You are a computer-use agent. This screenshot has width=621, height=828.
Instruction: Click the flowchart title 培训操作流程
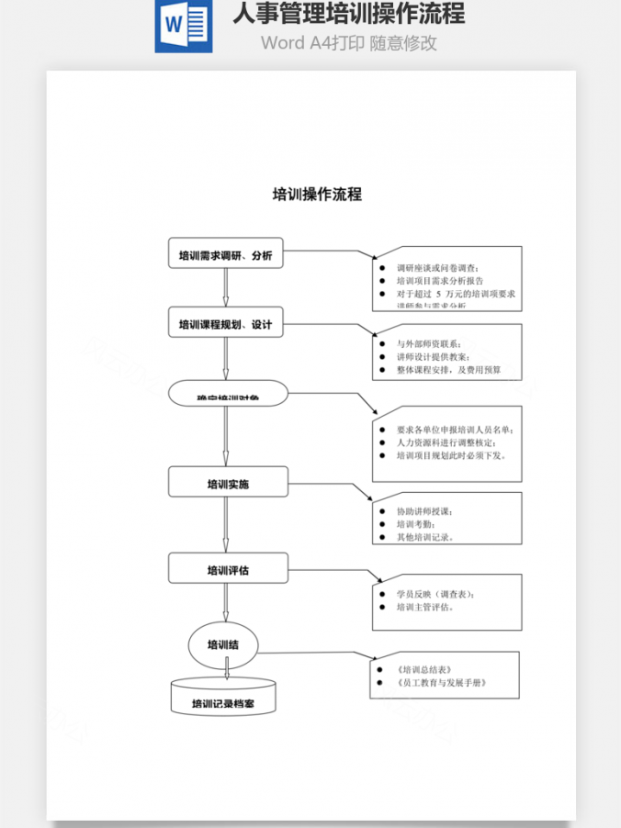pos(317,195)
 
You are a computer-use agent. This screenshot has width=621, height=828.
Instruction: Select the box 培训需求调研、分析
pos(225,255)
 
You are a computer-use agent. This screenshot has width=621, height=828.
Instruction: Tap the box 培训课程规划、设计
pos(225,323)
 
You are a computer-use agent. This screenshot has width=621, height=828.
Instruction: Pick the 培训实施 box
pos(228,483)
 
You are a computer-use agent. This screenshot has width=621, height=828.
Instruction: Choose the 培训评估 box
pos(228,569)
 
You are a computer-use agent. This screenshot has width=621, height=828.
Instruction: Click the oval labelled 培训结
pos(223,643)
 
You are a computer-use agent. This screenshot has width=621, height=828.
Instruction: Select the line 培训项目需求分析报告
pos(439,280)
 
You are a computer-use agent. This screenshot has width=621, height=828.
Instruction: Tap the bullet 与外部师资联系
pos(428,343)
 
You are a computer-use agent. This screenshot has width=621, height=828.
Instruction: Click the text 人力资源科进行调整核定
pos(445,442)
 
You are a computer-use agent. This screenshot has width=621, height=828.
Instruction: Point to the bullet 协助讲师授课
pos(423,510)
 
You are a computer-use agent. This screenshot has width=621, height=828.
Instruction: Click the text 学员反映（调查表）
pos(435,594)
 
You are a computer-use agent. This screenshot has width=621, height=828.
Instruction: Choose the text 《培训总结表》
pos(423,669)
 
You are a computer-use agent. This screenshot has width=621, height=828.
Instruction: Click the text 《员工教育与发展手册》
pos(441,683)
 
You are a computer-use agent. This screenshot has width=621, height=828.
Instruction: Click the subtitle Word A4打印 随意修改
pos(348,42)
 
